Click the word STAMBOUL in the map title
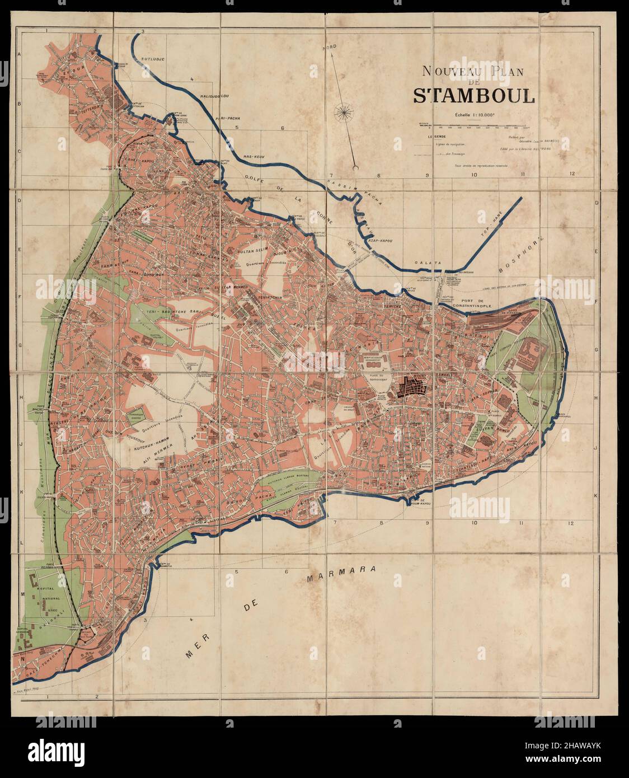point(474,96)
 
